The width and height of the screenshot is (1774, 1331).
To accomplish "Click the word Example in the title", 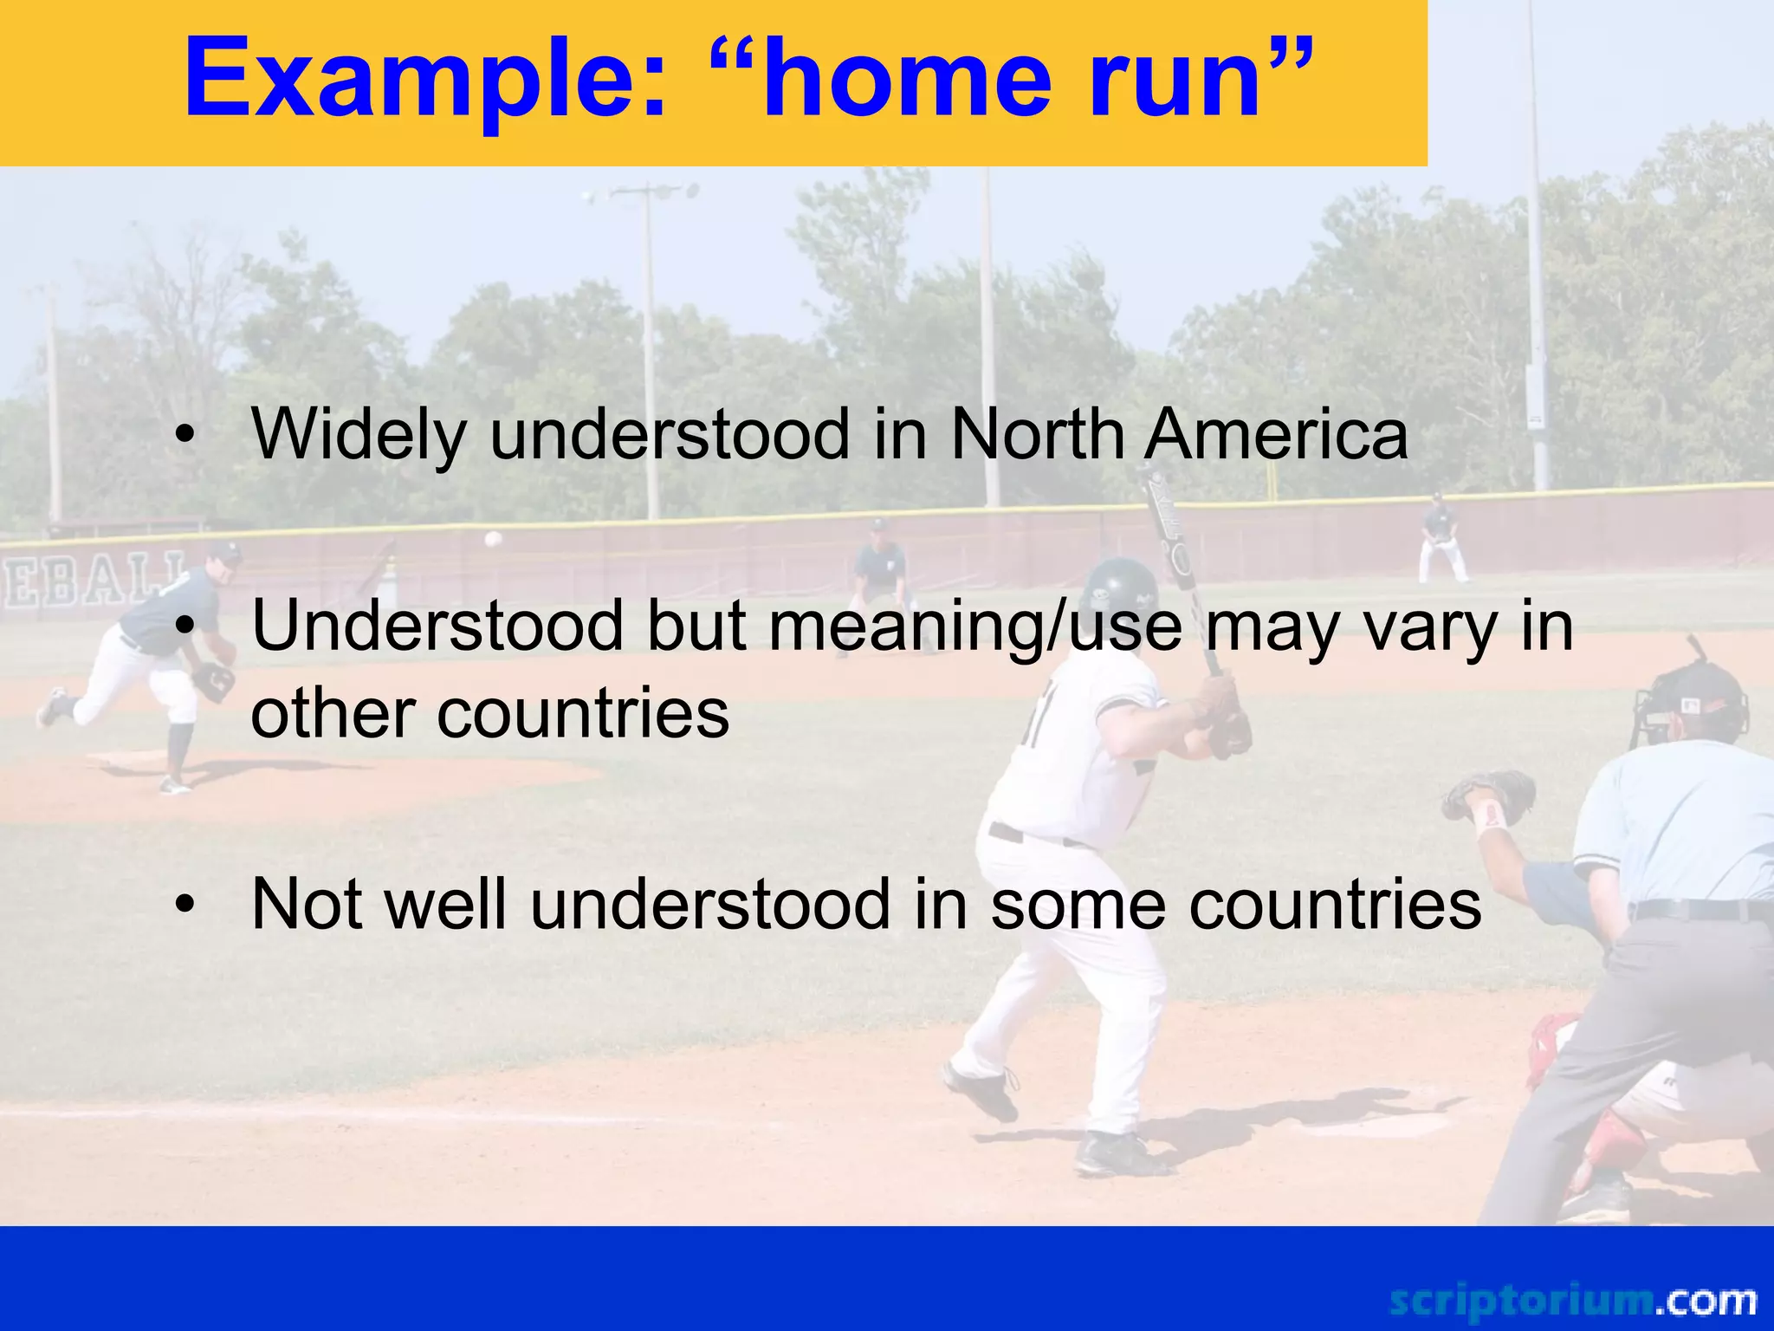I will click(x=424, y=80).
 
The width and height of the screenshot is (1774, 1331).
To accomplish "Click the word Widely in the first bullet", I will click(x=359, y=435).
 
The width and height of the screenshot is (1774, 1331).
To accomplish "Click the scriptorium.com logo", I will click(x=1572, y=1301).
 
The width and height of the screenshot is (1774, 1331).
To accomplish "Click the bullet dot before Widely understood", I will click(x=184, y=436).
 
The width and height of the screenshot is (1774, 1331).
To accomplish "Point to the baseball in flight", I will click(x=493, y=539).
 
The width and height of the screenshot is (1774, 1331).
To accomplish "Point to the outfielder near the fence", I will click(x=1440, y=537).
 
